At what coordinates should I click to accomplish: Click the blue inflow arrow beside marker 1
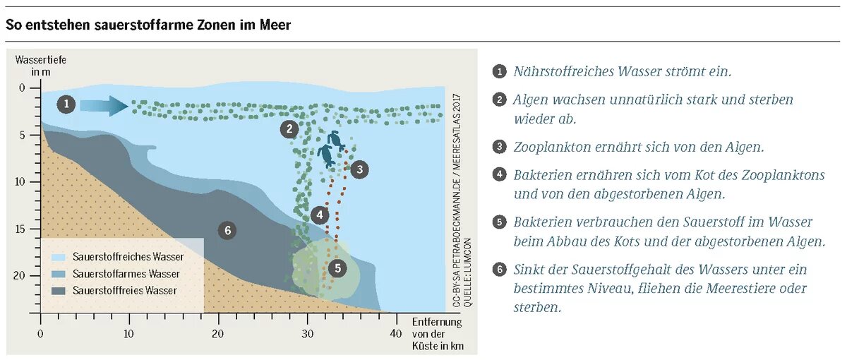coord(104,105)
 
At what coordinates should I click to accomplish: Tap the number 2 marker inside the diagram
coord(289,129)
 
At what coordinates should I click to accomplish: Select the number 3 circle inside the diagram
coord(359,169)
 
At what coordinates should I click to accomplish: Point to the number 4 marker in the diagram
coord(320,215)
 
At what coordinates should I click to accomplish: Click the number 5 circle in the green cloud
coord(337,268)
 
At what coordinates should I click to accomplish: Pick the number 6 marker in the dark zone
coord(227,230)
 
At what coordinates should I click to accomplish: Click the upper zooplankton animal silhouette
coord(336,140)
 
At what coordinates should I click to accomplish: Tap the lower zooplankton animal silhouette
coord(326,156)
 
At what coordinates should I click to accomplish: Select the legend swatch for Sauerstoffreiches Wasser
coord(58,258)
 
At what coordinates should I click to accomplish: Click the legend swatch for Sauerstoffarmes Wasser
coord(58,274)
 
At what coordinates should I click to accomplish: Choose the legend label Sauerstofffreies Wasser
coord(125,291)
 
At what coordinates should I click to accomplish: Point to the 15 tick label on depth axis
coord(19,229)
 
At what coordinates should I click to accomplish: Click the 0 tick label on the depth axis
coord(22,88)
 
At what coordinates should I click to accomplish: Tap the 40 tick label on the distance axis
coord(396,333)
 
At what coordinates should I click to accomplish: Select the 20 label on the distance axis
coord(218,333)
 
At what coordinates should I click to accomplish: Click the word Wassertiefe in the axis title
coord(41,60)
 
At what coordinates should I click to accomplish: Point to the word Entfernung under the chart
coord(437,322)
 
